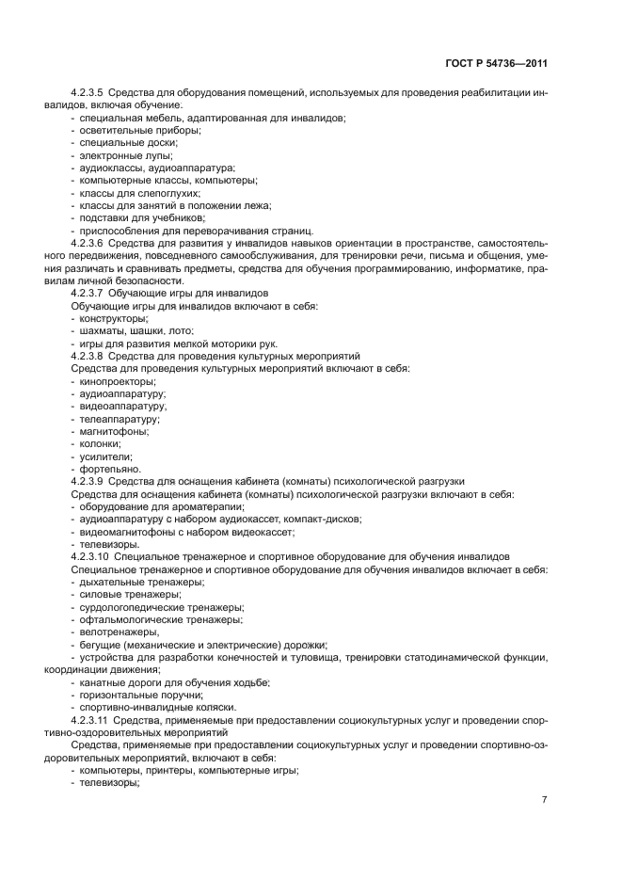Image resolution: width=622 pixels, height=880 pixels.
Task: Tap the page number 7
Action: (544, 800)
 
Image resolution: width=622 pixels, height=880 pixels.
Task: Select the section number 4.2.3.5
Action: (88, 93)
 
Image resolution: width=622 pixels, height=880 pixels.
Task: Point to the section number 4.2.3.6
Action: (88, 242)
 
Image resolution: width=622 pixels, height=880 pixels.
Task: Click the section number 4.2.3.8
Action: (88, 357)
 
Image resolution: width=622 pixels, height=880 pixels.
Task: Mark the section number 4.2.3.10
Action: (90, 557)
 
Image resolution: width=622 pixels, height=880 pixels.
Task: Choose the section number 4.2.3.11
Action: (90, 719)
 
